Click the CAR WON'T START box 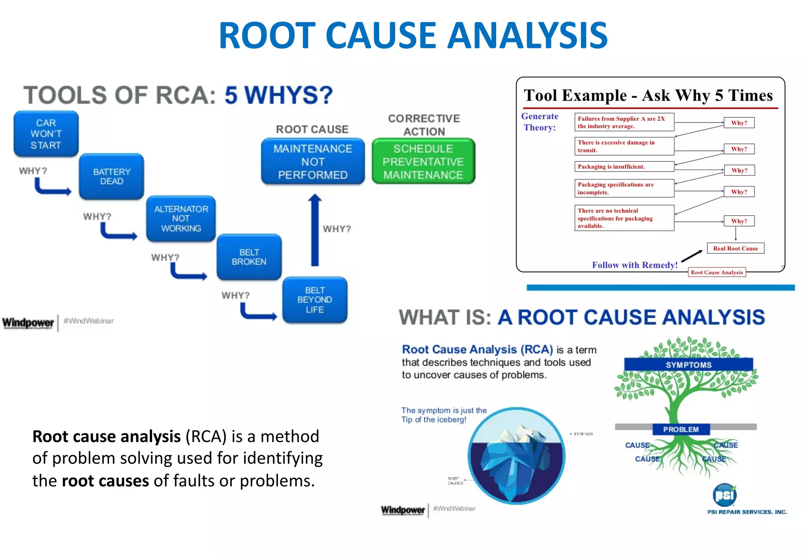46,134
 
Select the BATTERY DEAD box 111,177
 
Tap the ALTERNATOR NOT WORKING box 181,219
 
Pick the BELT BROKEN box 249,257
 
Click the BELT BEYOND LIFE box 315,300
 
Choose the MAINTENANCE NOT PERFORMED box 313,161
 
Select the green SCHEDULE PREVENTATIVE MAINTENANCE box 423,161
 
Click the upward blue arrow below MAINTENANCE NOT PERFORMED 315,230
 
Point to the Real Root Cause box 735,248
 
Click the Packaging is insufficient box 624,167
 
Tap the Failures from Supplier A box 624,122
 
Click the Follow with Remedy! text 635,265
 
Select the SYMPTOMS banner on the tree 689,365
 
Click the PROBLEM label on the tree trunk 681,429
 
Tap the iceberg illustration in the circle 516,456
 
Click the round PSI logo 724,495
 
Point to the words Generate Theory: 540,122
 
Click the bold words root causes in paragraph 106,481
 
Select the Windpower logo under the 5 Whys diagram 28,323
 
